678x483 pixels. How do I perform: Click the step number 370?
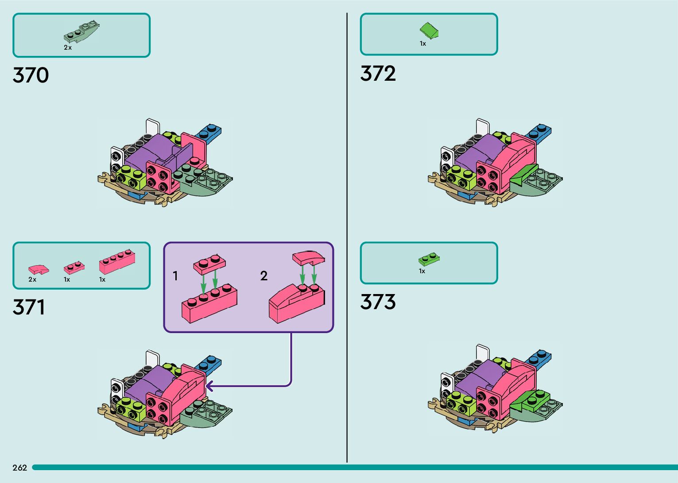[31, 75]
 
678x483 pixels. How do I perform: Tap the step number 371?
[29, 307]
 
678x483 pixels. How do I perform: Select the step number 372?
[378, 74]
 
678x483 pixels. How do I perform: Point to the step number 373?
[378, 302]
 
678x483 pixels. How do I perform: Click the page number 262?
[20, 467]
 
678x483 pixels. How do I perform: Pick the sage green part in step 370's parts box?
[82, 32]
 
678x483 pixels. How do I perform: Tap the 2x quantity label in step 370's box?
[68, 47]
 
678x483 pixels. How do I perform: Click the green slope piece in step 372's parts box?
[429, 31]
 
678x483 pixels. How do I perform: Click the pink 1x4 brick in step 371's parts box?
[117, 262]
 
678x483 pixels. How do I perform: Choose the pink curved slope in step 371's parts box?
[39, 269]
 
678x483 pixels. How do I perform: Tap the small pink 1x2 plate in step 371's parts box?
[74, 267]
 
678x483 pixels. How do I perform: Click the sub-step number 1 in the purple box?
[175, 276]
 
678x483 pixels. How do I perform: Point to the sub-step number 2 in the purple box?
[264, 276]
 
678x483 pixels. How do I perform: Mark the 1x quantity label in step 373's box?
[422, 271]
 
